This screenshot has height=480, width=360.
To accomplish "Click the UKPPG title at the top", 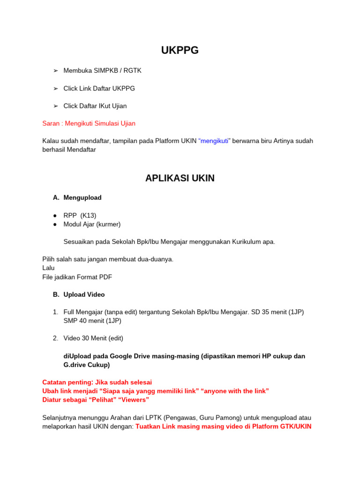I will coord(180,51).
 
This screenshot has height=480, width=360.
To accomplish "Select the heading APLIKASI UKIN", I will coord(180,178).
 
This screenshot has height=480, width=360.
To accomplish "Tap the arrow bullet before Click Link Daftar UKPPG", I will coord(55,89).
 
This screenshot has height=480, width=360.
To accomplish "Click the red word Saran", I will coord(51,124).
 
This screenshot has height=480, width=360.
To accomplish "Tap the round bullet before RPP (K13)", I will coord(55,216).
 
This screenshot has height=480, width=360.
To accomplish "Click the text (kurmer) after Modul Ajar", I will coord(109,225).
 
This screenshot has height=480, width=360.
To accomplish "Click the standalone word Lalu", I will coord(48,268).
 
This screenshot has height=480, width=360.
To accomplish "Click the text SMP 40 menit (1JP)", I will coord(92,321).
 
